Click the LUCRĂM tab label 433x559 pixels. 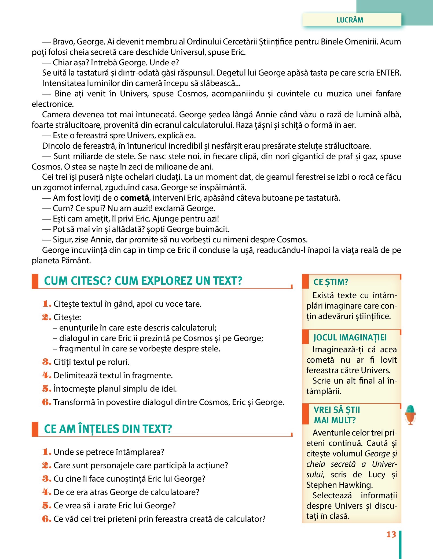[350, 20]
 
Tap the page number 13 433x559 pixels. [391, 534]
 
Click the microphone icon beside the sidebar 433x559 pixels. [410, 414]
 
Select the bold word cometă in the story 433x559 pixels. [134, 198]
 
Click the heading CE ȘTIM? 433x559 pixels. [331, 282]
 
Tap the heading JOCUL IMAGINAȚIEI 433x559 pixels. [350, 337]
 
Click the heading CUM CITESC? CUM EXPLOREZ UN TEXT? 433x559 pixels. [143, 281]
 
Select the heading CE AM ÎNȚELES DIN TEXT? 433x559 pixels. [108, 429]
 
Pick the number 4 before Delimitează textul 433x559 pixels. [46, 375]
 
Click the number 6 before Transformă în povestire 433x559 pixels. [46, 402]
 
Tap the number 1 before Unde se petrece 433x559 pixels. [46, 452]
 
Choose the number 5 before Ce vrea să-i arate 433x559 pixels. [46, 505]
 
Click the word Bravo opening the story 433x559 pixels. [64, 42]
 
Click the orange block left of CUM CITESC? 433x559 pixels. [35, 281]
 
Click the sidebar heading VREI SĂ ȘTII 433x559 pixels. [337, 410]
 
